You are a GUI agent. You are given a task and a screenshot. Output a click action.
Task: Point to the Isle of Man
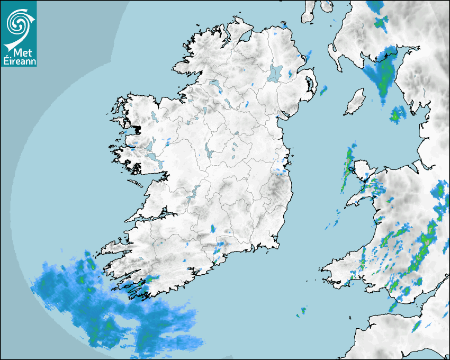(x=355, y=102)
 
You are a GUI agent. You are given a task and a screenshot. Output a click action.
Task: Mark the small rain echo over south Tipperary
(x=213, y=229)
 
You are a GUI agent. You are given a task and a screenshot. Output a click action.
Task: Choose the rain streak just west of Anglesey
(x=349, y=159)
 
